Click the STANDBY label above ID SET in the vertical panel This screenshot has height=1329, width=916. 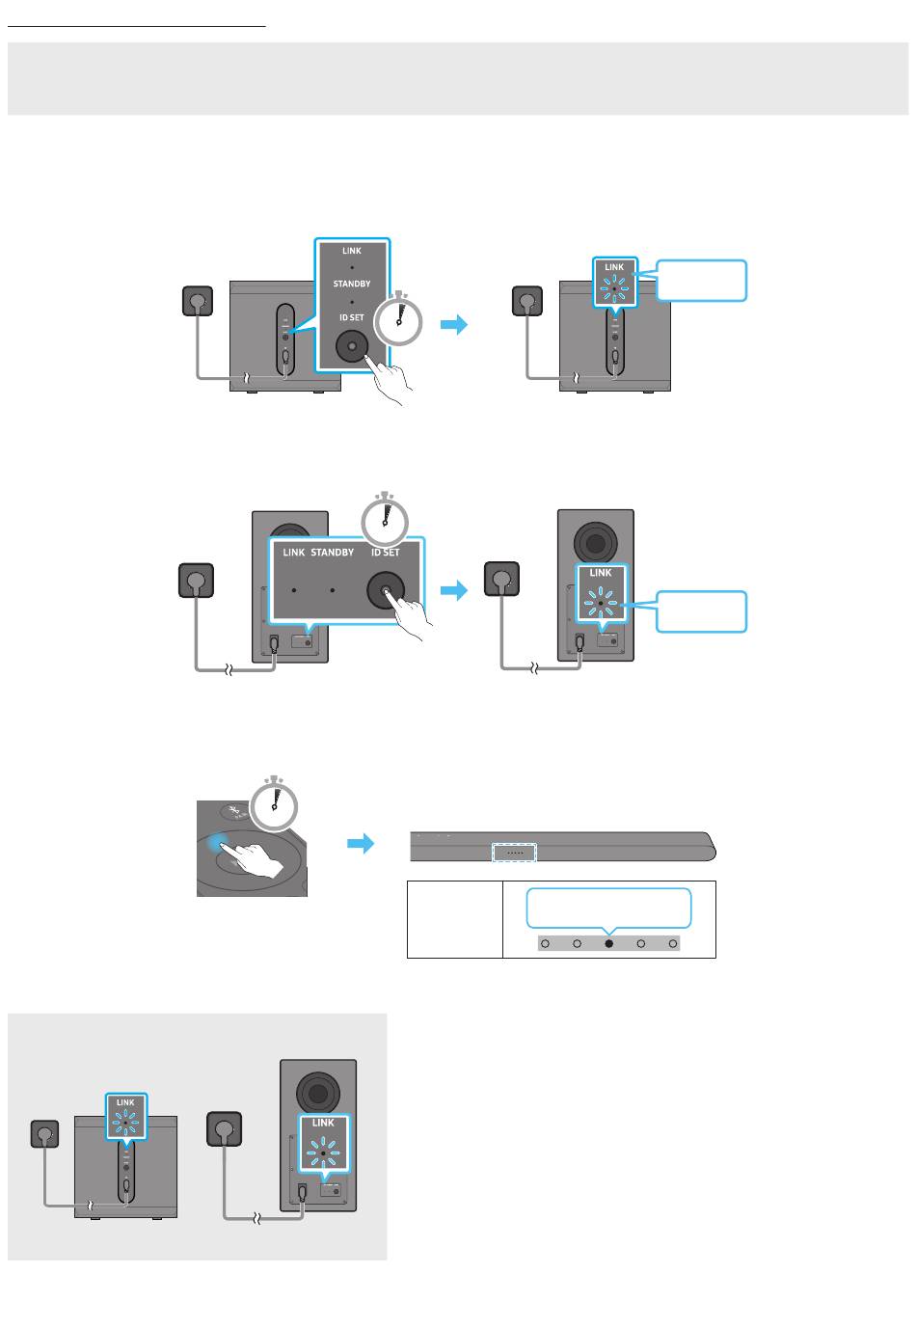(x=352, y=285)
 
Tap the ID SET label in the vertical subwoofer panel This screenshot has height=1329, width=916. (x=352, y=317)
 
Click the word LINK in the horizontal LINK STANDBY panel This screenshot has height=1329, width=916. (x=294, y=554)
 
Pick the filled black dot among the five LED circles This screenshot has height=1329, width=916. (x=608, y=943)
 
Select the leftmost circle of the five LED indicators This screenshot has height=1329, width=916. (x=545, y=943)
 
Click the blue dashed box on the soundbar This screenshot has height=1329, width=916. (x=513, y=853)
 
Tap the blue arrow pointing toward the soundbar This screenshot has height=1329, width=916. (x=360, y=845)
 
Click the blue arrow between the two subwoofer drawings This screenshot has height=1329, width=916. (x=453, y=326)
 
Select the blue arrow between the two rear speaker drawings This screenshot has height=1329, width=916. (x=453, y=589)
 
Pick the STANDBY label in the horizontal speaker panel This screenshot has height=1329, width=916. (x=333, y=554)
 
